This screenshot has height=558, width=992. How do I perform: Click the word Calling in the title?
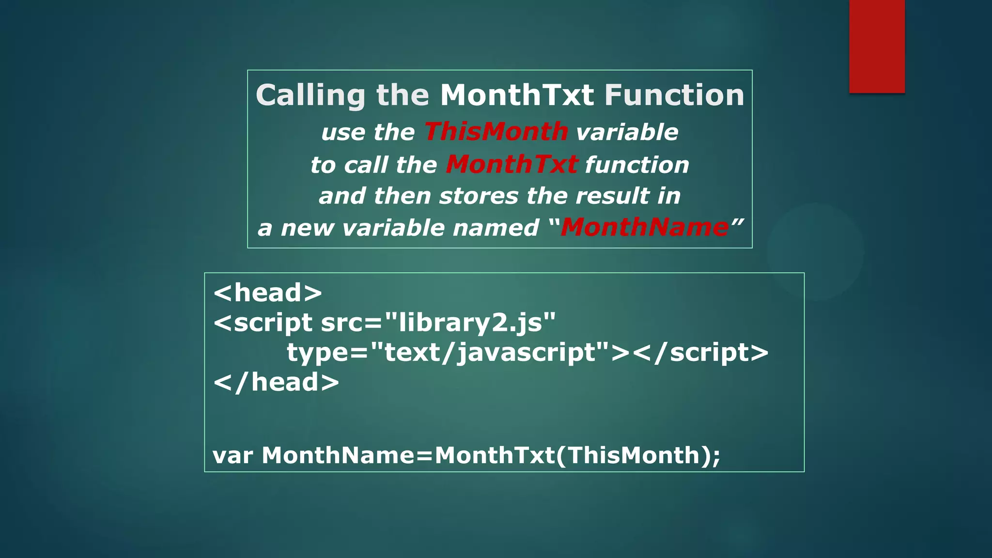(310, 95)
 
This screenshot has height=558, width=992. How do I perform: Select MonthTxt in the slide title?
(516, 95)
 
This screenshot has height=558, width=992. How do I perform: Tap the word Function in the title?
(674, 95)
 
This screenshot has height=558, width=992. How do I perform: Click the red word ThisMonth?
(496, 132)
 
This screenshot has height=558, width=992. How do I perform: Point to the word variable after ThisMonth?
(627, 132)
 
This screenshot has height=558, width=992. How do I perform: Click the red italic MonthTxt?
(511, 164)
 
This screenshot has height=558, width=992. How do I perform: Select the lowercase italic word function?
(637, 165)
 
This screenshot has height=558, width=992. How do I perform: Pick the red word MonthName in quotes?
(644, 227)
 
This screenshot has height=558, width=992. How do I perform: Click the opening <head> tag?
(267, 293)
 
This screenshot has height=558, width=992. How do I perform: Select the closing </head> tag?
(276, 382)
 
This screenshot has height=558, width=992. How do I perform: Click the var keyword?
(232, 456)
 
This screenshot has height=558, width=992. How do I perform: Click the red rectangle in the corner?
(877, 46)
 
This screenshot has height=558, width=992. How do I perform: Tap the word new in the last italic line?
(308, 228)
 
